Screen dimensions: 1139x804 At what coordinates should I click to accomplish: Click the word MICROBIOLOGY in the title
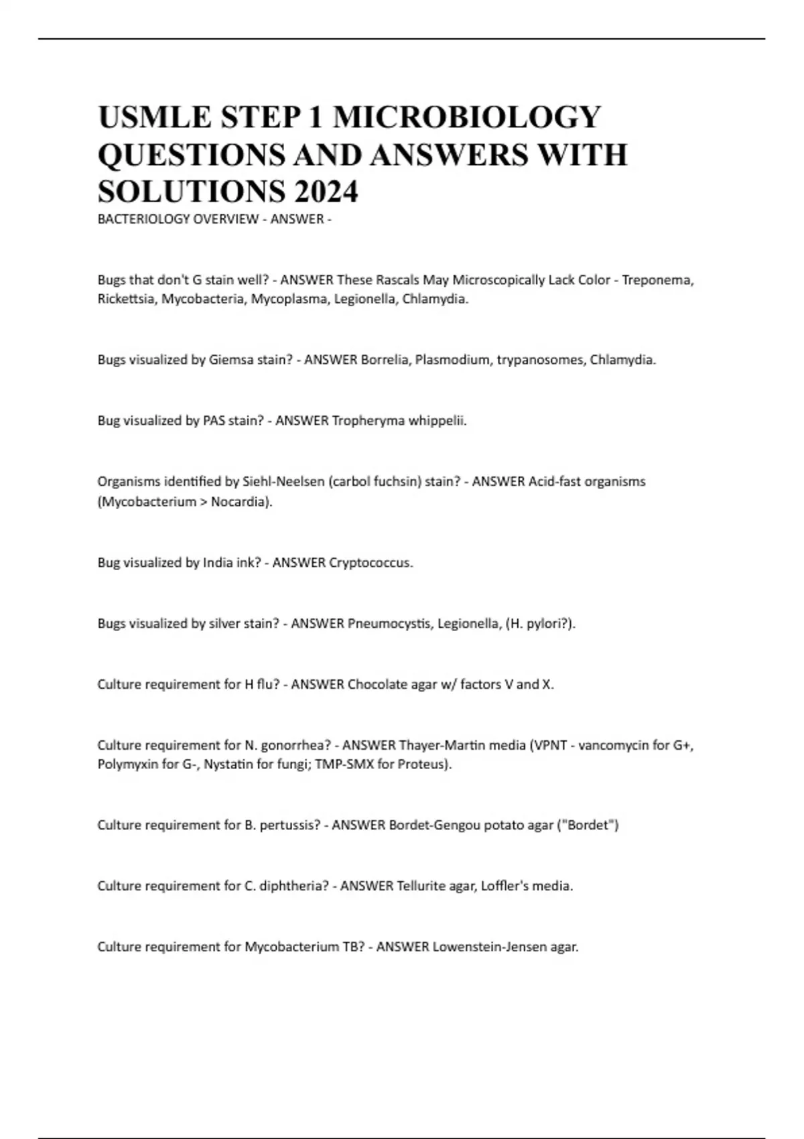pos(467,117)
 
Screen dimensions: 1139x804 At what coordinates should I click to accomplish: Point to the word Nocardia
pos(241,502)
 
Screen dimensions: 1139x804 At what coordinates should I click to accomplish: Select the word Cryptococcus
pos(370,563)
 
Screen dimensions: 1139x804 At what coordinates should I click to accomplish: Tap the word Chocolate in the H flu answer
pos(377,685)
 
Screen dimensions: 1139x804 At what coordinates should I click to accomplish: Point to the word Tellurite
pos(421,886)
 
